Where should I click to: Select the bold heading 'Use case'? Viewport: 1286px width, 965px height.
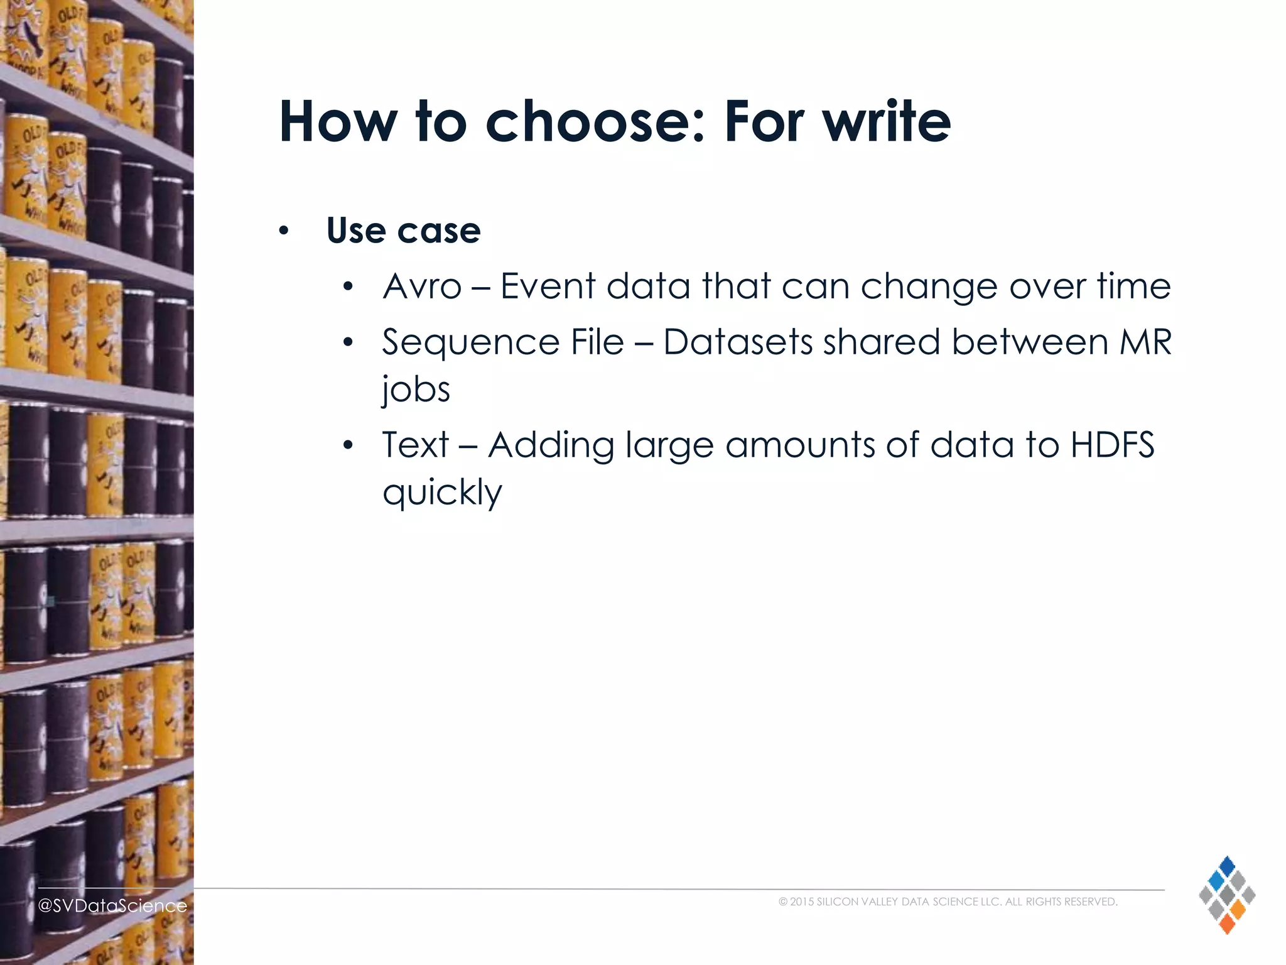[403, 230]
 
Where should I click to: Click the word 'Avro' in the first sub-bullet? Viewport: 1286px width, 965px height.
[422, 286]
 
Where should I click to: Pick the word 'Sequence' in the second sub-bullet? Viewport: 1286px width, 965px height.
[471, 343]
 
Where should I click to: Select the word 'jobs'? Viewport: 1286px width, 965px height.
[416, 390]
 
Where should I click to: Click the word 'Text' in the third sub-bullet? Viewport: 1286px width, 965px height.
[415, 445]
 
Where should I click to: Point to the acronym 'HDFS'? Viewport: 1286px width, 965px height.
[1112, 445]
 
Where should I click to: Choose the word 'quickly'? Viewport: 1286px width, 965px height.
[442, 493]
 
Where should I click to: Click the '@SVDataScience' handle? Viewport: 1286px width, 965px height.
[112, 905]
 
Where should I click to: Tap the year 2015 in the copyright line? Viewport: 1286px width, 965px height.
[802, 902]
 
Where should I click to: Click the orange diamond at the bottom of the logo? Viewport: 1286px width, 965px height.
[1226, 924]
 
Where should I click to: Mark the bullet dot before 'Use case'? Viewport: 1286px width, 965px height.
[284, 231]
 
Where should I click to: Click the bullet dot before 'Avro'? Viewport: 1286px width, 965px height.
[349, 288]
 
